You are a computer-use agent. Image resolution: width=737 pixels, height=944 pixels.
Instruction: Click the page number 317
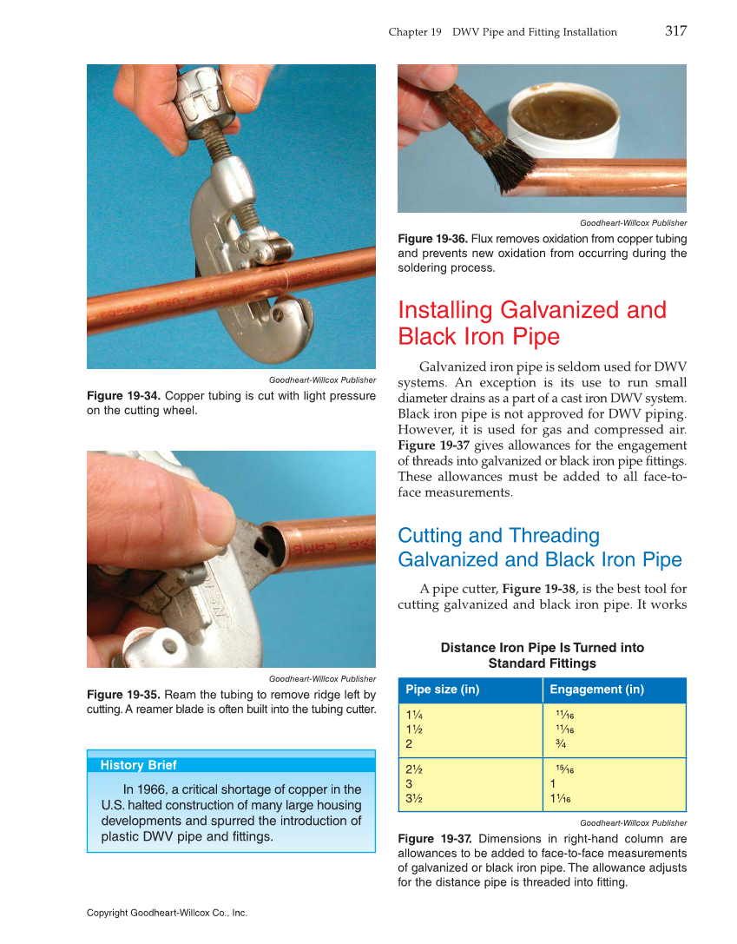(675, 31)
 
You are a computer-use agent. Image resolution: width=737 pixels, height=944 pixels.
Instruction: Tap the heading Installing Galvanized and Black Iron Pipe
(531, 322)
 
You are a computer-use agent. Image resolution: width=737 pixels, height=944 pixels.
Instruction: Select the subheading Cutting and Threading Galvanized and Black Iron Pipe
(539, 547)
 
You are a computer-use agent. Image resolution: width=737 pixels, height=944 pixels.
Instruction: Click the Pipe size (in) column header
(443, 690)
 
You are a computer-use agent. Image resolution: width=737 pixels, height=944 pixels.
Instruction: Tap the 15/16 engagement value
(564, 769)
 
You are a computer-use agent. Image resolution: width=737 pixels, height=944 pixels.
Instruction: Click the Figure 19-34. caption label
(123, 396)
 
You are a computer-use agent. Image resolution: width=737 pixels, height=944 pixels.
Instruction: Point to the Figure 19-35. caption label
(123, 695)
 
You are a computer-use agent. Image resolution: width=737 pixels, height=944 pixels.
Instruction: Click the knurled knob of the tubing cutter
(207, 96)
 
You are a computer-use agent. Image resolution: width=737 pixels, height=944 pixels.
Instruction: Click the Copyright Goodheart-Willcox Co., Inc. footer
(167, 913)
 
